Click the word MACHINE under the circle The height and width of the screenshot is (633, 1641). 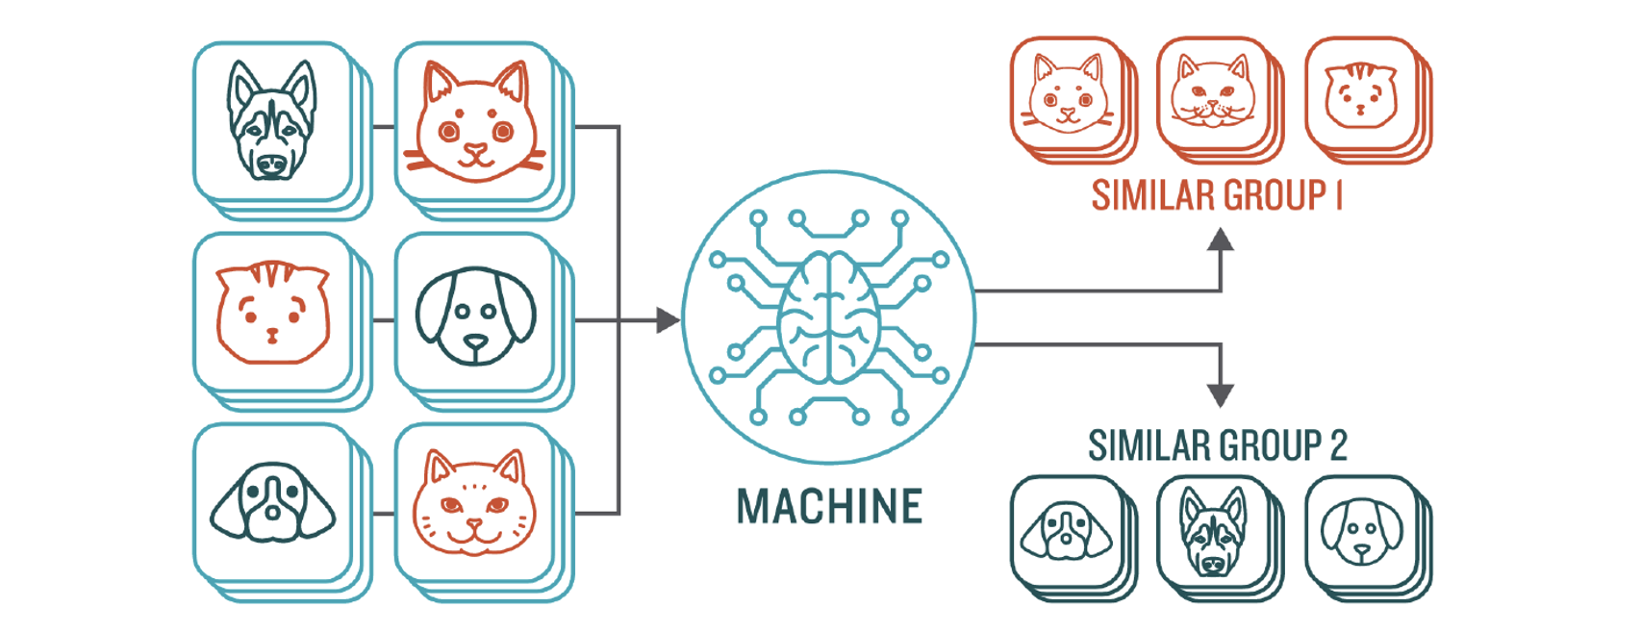(x=829, y=506)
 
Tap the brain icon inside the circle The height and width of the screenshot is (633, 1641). (x=829, y=317)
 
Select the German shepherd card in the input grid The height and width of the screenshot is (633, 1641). (x=272, y=122)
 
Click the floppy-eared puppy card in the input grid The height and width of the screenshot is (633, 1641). (x=474, y=315)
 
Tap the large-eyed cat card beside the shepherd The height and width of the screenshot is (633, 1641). (x=474, y=122)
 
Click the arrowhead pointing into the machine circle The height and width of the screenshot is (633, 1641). (x=668, y=319)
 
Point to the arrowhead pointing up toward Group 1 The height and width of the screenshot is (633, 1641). (x=1220, y=240)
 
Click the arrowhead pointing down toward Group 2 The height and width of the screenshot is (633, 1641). (x=1220, y=394)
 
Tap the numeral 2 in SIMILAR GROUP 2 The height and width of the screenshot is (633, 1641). (x=1338, y=446)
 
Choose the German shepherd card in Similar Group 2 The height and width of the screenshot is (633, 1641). (x=1212, y=531)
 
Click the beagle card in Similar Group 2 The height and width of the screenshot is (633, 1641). (x=1066, y=531)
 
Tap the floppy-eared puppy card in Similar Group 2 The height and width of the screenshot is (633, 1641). (x=1360, y=531)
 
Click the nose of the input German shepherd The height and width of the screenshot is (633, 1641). (x=272, y=165)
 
